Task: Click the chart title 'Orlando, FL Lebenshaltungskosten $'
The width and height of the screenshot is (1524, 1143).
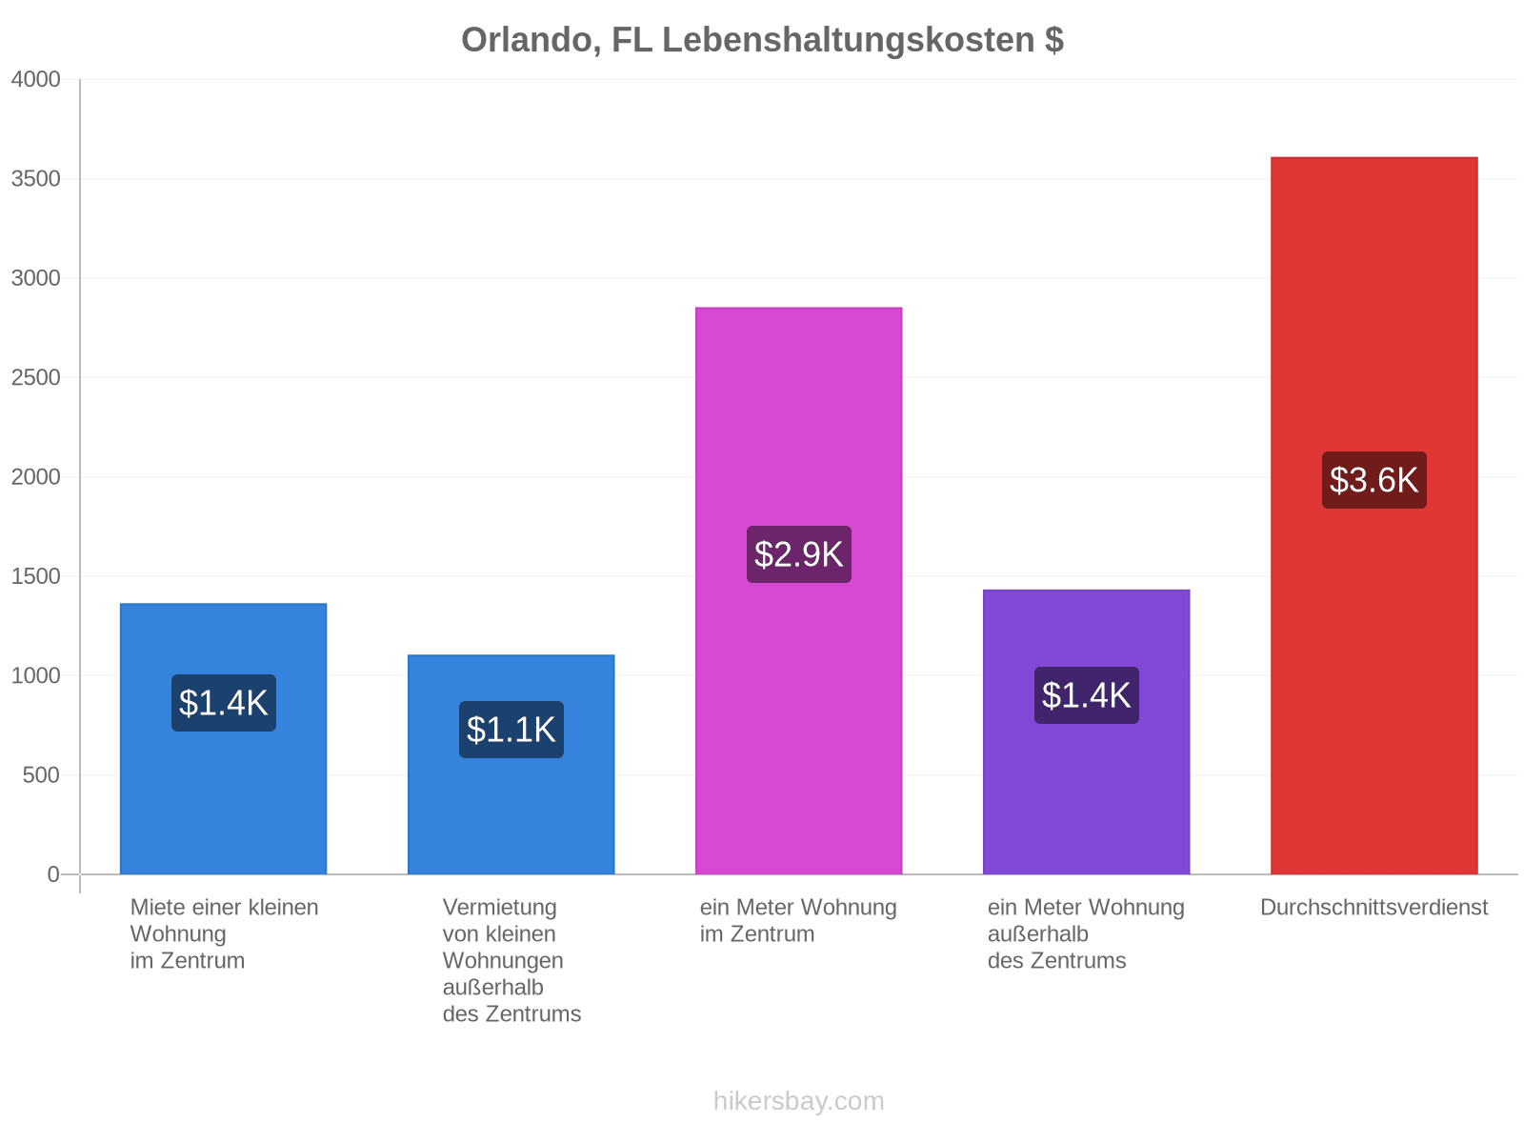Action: pyautogui.click(x=762, y=40)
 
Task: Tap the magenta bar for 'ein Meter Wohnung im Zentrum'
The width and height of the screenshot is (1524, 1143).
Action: pyautogui.click(x=798, y=591)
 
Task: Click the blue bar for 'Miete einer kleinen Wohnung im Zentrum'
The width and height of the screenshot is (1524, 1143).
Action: pyautogui.click(x=223, y=739)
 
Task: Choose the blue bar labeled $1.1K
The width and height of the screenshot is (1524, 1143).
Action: pyautogui.click(x=511, y=765)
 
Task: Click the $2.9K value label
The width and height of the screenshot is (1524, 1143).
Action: pyautogui.click(x=798, y=554)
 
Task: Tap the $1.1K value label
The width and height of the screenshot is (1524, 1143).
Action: pyautogui.click(x=511, y=730)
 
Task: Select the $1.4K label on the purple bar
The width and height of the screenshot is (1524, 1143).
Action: pyautogui.click(x=1086, y=695)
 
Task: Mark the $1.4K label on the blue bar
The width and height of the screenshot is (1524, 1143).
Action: pyautogui.click(x=224, y=703)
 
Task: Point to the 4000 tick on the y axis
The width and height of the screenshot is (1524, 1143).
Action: pyautogui.click(x=35, y=79)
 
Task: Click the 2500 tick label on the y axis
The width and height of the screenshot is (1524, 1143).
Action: pyautogui.click(x=35, y=377)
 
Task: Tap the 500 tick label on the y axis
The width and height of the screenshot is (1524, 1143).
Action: pyautogui.click(x=41, y=775)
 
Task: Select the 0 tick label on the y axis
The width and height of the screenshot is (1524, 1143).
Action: pyautogui.click(x=53, y=874)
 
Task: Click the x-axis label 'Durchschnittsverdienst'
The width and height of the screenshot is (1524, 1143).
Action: pyautogui.click(x=1374, y=908)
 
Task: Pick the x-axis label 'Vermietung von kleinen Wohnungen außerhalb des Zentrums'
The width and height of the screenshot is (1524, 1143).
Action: pyautogui.click(x=511, y=961)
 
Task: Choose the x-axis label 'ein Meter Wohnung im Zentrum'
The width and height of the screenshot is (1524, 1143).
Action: pyautogui.click(x=798, y=921)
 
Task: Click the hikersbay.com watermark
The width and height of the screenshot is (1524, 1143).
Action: pyautogui.click(x=798, y=1101)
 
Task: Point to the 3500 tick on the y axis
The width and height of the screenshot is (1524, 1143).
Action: pyautogui.click(x=35, y=179)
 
